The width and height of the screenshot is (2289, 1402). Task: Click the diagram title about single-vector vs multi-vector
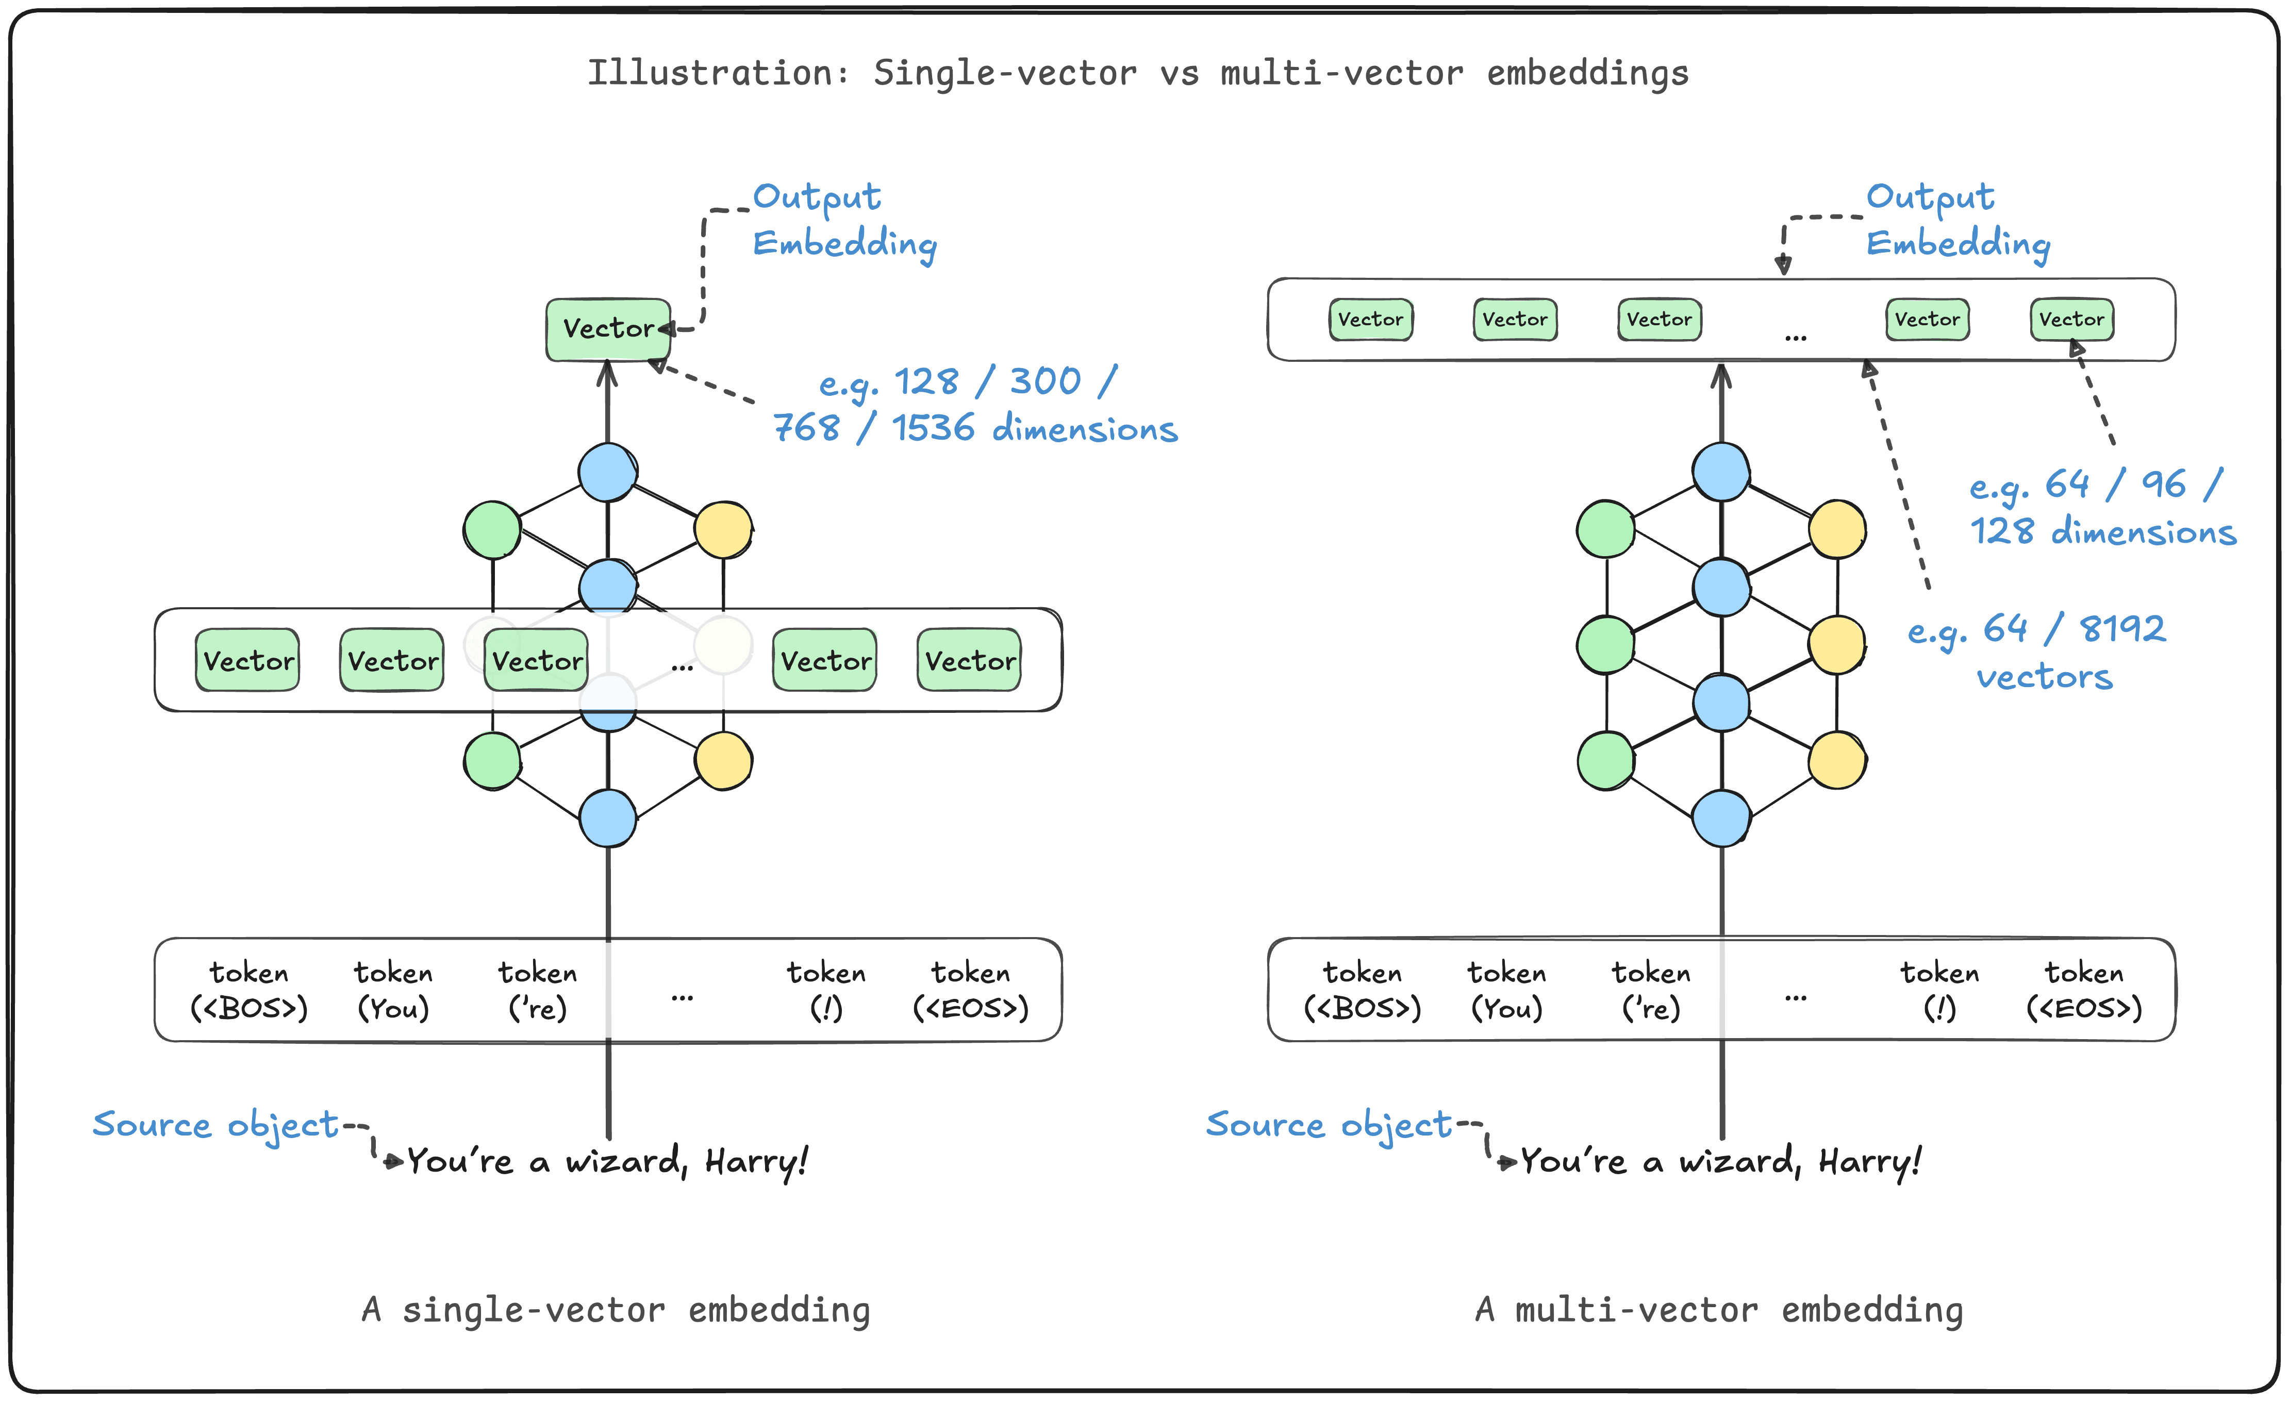pyautogui.click(x=1138, y=73)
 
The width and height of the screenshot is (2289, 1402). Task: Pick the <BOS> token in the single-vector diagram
pyautogui.click(x=249, y=990)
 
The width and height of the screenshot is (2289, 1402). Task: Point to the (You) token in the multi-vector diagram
pyautogui.click(x=1507, y=990)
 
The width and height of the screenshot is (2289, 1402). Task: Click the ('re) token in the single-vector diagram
pyautogui.click(x=537, y=990)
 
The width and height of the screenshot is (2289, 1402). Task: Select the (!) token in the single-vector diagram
pyautogui.click(x=826, y=990)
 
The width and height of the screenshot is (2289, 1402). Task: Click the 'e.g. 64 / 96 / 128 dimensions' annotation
pyautogui.click(x=2101, y=508)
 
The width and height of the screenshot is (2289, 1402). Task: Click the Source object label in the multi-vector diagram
pyautogui.click(x=1329, y=1124)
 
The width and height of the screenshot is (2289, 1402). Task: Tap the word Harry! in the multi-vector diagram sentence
pyautogui.click(x=1869, y=1161)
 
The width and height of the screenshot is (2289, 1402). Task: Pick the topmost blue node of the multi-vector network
pyautogui.click(x=1721, y=472)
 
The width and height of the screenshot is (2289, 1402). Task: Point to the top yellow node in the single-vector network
pyautogui.click(x=723, y=529)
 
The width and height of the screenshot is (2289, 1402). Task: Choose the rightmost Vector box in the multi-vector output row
pyautogui.click(x=2071, y=320)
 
